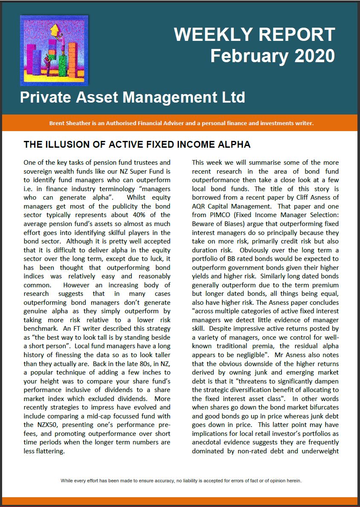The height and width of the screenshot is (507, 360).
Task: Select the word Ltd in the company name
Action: coord(232,97)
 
